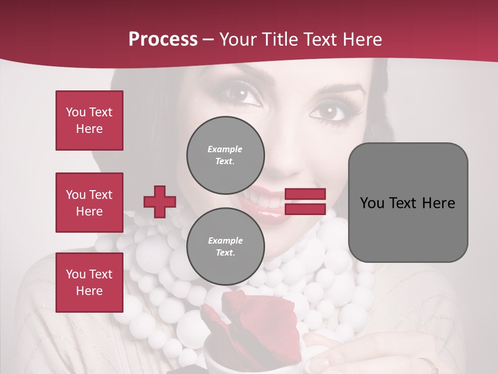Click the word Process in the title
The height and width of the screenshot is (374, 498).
(x=163, y=39)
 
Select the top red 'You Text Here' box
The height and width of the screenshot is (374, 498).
(x=89, y=121)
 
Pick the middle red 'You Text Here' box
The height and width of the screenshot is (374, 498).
(x=89, y=203)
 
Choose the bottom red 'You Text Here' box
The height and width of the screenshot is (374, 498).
(x=89, y=283)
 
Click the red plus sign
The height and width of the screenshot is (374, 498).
(x=160, y=202)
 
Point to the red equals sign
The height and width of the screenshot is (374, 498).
(x=305, y=202)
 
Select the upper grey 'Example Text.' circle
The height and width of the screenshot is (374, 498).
(x=225, y=155)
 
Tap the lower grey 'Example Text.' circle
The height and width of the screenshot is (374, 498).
(x=225, y=247)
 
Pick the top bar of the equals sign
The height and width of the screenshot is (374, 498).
(x=305, y=194)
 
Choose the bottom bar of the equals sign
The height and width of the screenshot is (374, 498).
(x=305, y=209)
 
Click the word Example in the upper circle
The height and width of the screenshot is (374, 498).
(x=225, y=149)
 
